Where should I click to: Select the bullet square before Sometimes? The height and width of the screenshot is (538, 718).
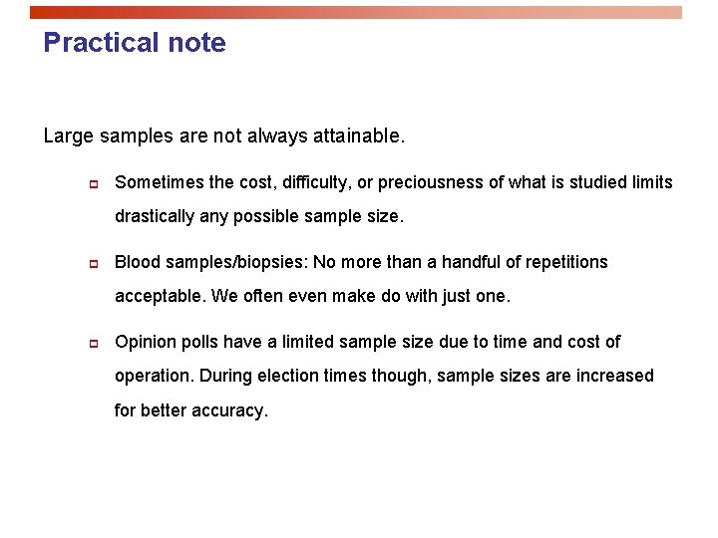(x=90, y=183)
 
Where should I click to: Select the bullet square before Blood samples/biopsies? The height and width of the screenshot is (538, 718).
(x=90, y=263)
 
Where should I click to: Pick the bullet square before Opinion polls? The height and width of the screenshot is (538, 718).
(x=90, y=343)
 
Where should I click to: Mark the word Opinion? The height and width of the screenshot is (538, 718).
(x=145, y=342)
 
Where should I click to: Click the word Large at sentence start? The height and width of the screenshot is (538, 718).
(x=66, y=135)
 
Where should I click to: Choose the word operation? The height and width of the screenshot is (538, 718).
(x=155, y=376)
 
